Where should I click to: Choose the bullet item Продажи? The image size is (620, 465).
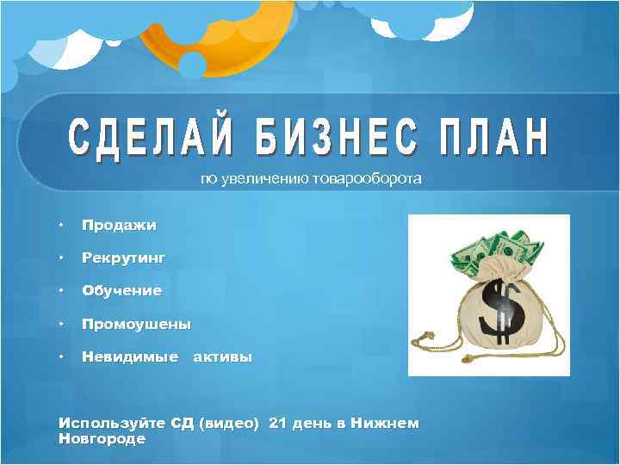(x=119, y=226)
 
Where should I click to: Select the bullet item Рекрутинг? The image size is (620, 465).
(x=123, y=257)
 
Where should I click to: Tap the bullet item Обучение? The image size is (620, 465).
(x=121, y=291)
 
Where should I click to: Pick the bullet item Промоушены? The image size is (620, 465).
(x=136, y=325)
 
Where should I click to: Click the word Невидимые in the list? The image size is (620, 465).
(x=129, y=357)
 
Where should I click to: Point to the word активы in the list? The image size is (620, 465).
(x=222, y=357)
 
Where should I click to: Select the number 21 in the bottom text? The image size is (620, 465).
(x=277, y=423)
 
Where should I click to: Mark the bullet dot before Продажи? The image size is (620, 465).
(x=61, y=226)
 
